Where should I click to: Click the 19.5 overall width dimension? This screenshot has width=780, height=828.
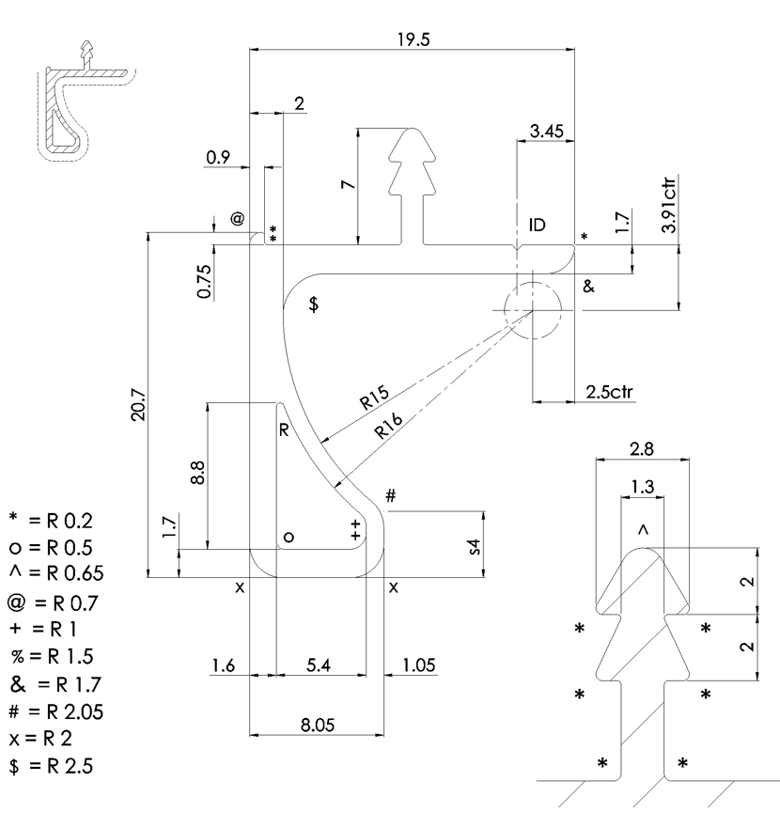click(413, 39)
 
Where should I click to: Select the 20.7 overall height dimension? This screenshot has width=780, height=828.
click(138, 404)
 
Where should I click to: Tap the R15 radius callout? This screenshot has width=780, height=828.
click(374, 398)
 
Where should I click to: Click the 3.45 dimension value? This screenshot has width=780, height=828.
click(546, 131)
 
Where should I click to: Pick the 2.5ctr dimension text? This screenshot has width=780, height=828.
click(609, 392)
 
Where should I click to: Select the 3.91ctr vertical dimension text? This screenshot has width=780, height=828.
click(669, 205)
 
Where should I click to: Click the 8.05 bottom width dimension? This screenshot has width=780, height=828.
click(318, 725)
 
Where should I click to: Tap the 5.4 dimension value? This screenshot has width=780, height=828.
click(319, 664)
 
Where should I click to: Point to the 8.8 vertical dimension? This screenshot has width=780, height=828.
click(197, 473)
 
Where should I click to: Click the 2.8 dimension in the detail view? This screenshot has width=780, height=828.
click(642, 449)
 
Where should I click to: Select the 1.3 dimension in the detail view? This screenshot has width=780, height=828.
click(642, 486)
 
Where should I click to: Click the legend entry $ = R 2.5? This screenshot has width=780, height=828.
click(51, 766)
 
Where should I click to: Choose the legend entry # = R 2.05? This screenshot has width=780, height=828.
click(56, 711)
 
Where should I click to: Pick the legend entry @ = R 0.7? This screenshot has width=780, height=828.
click(53, 602)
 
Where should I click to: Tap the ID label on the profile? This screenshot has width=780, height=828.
click(538, 226)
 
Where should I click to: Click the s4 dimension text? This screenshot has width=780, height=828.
click(475, 547)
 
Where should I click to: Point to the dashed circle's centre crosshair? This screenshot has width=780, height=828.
click(533, 310)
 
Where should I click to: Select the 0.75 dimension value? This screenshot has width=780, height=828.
click(205, 280)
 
